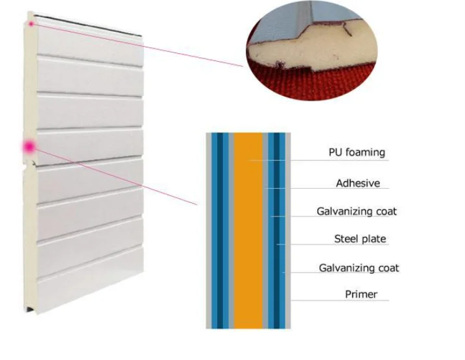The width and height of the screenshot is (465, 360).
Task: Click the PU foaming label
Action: [356, 152]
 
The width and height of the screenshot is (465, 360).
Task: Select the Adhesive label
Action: [357, 183]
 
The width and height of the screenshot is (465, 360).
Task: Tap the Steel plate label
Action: [360, 239]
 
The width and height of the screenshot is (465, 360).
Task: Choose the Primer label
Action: [361, 294]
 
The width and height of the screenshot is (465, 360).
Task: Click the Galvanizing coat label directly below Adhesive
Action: [357, 211]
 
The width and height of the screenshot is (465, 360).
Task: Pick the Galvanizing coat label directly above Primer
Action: [359, 267]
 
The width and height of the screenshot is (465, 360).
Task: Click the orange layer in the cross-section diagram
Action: [247, 230]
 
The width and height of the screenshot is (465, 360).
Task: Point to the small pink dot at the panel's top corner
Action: [30, 23]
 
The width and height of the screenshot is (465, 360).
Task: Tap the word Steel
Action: [346, 239]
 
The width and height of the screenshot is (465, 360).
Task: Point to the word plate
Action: [374, 239]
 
